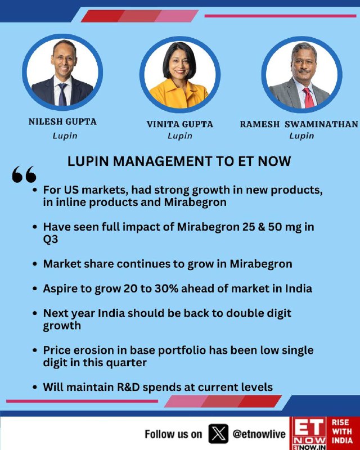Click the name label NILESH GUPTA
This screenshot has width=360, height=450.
[62, 121]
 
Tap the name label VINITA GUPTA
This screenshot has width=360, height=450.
[179, 124]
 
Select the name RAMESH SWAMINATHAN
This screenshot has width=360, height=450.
[299, 124]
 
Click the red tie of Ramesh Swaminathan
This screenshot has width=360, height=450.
[309, 97]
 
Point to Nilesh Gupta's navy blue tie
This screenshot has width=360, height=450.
[62, 94]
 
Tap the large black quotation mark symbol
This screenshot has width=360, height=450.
[24, 174]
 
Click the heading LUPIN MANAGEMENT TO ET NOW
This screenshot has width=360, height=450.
[179, 161]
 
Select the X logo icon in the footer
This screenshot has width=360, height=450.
[218, 434]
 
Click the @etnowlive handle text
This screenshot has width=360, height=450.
[259, 434]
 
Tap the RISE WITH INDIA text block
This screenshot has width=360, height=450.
[342, 431]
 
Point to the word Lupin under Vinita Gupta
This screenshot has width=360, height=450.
[179, 136]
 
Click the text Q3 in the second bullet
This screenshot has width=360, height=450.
[51, 240]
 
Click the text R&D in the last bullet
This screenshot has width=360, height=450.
[128, 387]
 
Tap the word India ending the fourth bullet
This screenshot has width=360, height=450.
[299, 289]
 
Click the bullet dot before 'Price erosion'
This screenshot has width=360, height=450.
[35, 350]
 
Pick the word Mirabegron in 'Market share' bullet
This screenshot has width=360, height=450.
[261, 264]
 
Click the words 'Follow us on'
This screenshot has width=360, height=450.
[173, 434]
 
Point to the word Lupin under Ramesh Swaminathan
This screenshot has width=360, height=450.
[301, 136]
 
